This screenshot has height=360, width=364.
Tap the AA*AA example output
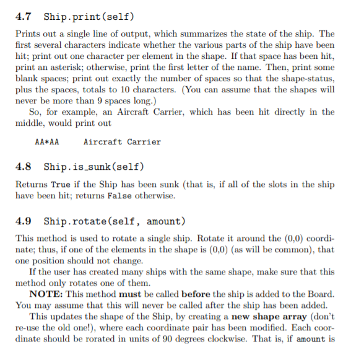tap(47, 142)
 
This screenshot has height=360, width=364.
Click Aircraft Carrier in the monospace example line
tap(122, 142)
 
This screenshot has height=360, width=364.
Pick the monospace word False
tap(120, 196)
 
